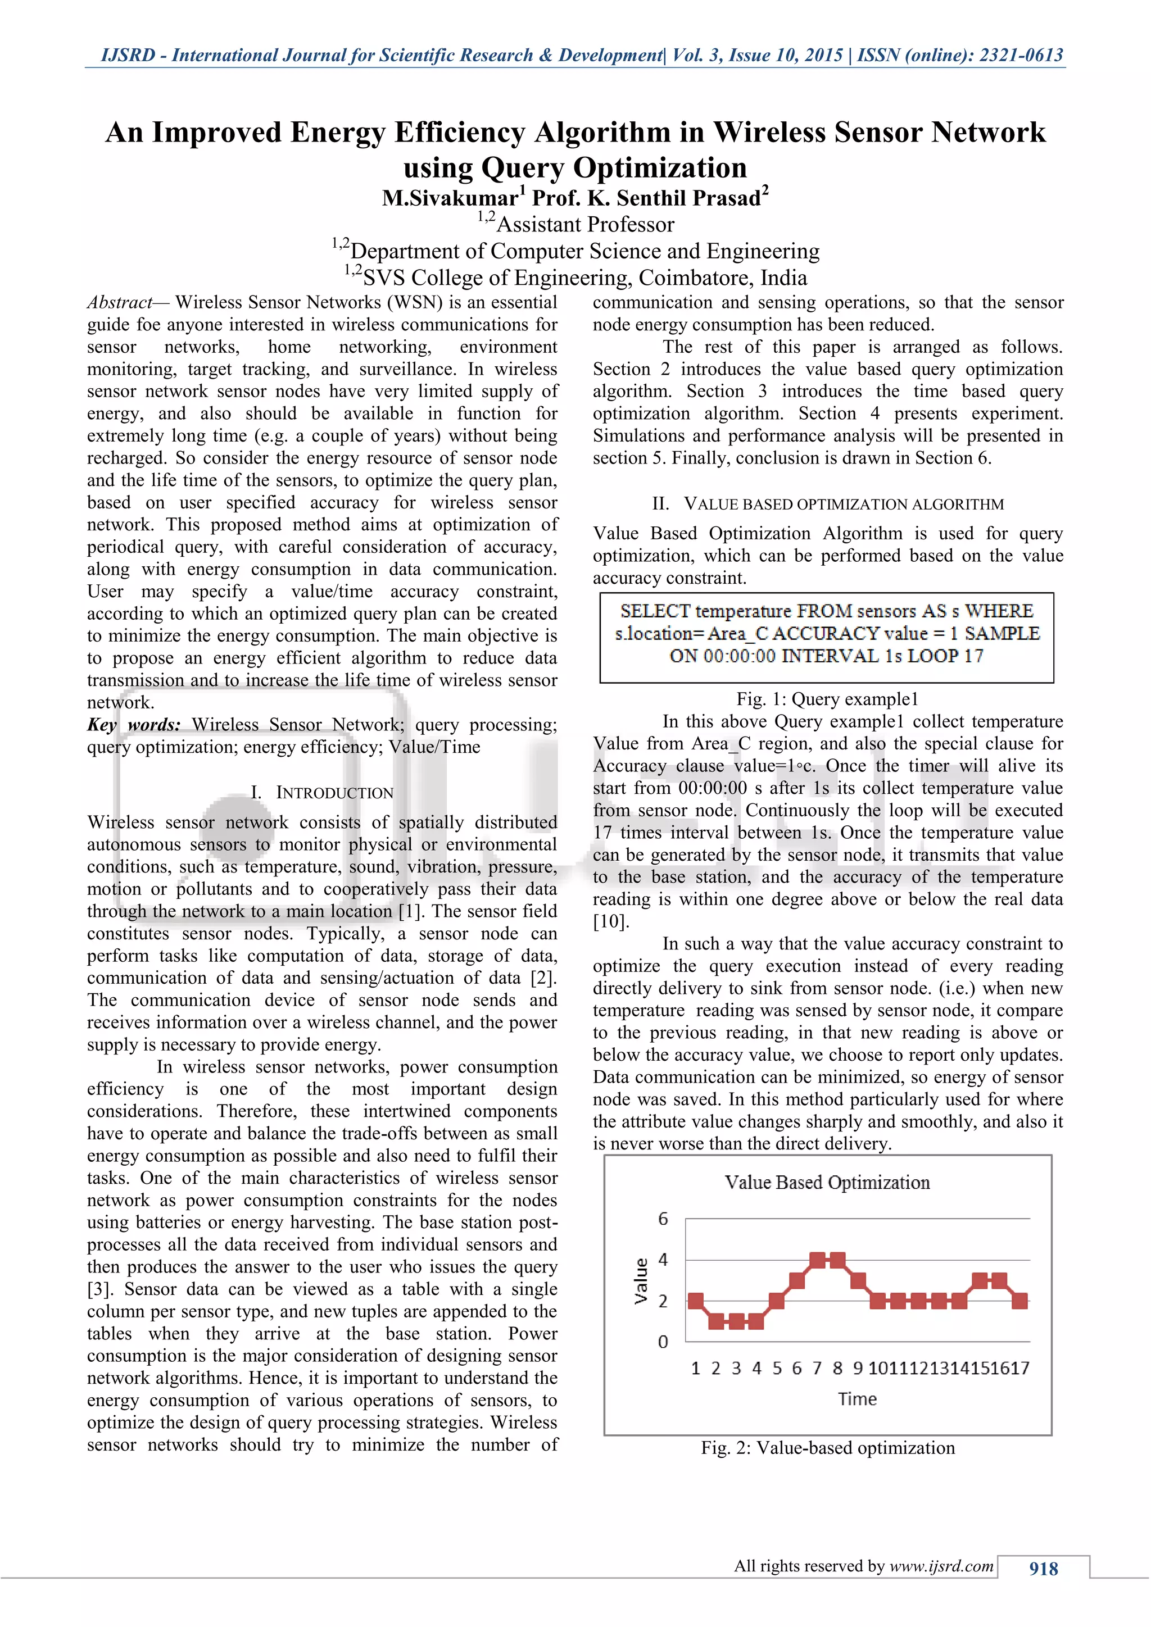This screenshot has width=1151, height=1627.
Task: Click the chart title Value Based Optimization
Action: pyautogui.click(x=827, y=1183)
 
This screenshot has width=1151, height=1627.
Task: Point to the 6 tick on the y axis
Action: pyautogui.click(x=663, y=1219)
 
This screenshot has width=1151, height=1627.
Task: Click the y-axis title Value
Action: pyautogui.click(x=641, y=1280)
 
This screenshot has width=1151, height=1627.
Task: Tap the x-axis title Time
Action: pyautogui.click(x=857, y=1399)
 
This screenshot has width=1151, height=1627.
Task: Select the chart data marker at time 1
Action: pyautogui.click(x=695, y=1301)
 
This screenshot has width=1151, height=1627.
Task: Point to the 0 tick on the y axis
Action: pyautogui.click(x=663, y=1342)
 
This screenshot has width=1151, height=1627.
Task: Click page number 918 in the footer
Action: pyautogui.click(x=1043, y=1569)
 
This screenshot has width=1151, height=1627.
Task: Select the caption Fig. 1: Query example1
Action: pyautogui.click(x=827, y=699)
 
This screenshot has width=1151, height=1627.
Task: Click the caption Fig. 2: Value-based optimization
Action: pyautogui.click(x=828, y=1448)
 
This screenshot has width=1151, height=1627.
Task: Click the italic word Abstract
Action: pyautogui.click(x=119, y=303)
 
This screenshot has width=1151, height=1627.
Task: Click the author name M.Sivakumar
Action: pyautogui.click(x=450, y=198)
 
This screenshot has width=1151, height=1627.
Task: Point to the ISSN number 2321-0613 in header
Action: pyautogui.click(x=1021, y=55)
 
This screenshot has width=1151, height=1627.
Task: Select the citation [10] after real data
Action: pyautogui.click(x=610, y=922)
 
